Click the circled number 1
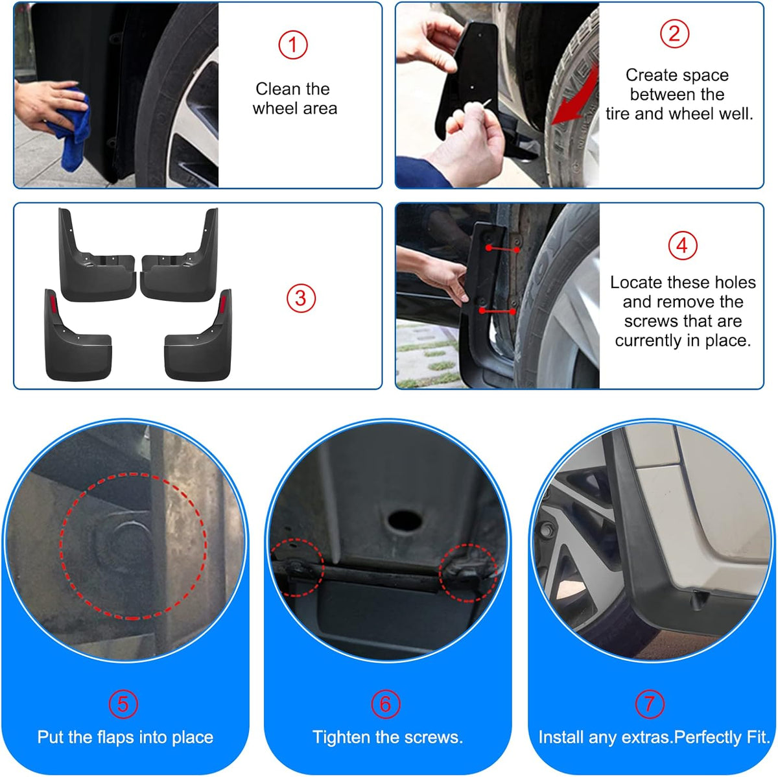coord(292,45)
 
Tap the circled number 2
coord(674,34)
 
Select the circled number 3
coord(301,298)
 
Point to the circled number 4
coord(682,245)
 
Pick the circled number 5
coord(123,704)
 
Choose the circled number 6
coord(386,704)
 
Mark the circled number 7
coord(650,704)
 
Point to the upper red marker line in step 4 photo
coord(503,249)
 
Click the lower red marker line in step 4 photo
coord(497,311)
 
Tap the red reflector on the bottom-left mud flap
coord(53,306)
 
